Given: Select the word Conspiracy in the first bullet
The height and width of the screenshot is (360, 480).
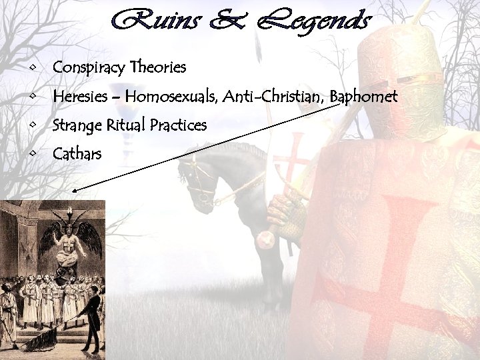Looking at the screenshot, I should [x=90, y=68].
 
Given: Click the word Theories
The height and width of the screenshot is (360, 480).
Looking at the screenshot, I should [x=159, y=67].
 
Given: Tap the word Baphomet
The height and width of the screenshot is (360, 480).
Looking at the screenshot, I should [x=363, y=97].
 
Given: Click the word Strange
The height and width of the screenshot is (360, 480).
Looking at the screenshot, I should [x=76, y=126].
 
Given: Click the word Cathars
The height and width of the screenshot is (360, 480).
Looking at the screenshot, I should [x=77, y=155].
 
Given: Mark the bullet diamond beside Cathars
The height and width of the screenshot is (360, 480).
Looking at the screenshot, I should [x=33, y=155].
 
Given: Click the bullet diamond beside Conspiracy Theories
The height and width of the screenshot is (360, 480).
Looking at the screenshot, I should [x=33, y=68].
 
